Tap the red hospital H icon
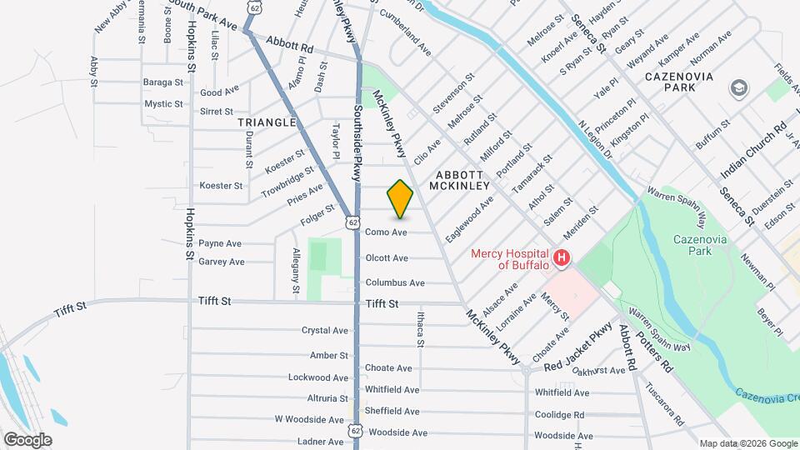[562, 258]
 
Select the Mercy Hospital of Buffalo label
[509, 259]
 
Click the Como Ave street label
[386, 232]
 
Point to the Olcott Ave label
[387, 258]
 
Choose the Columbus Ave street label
[395, 282]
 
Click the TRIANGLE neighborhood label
[267, 122]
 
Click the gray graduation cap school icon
[737, 87]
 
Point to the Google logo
[27, 439]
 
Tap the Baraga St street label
[162, 82]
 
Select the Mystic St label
[163, 104]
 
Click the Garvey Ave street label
[222, 262]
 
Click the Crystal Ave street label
[325, 331]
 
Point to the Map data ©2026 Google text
[747, 443]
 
